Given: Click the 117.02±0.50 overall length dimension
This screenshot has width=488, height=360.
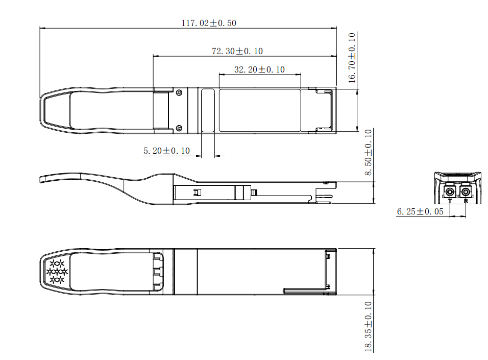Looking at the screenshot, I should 209,23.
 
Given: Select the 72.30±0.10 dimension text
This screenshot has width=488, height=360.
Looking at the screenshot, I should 237,51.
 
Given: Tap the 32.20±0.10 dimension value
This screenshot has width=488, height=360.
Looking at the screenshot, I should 259,69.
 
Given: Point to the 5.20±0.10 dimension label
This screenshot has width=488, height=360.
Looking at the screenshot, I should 166,151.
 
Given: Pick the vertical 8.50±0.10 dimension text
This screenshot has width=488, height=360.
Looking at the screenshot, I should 369,153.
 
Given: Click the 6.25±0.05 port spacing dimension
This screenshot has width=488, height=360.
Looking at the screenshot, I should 420,211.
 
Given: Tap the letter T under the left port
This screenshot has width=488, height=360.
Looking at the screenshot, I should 450,201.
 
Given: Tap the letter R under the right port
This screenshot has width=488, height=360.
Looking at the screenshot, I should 466,201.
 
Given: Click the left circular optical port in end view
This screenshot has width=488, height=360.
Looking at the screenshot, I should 450,193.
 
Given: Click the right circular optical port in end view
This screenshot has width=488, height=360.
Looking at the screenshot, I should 466,193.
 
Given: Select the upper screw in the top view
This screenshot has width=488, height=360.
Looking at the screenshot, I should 179,93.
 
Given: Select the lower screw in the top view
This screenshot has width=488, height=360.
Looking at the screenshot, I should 179,128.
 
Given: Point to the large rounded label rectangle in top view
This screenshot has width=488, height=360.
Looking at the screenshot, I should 260,110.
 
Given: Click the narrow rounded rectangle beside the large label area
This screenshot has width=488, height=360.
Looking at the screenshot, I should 208,110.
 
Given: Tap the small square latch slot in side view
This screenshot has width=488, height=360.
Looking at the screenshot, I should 197,193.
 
